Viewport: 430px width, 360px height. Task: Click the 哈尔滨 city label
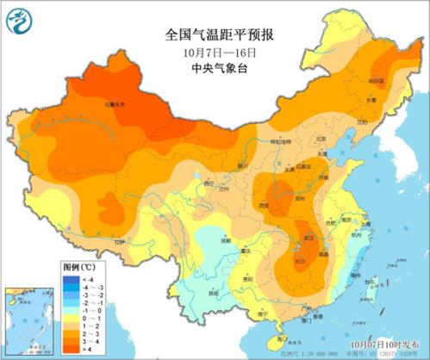tap(376, 81)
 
